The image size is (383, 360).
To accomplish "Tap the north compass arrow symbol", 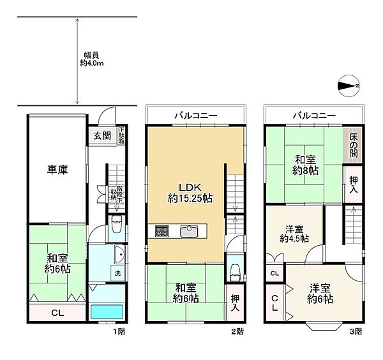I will point(349,86).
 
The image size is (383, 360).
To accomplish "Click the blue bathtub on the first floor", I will point(105,313).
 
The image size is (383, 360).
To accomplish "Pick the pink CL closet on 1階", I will point(56,313).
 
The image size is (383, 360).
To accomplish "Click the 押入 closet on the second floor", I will point(234,303).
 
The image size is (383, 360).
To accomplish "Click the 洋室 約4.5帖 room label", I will point(294,233).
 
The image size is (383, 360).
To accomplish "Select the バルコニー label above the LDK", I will point(196,116).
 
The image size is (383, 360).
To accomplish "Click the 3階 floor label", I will point(356,331).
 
